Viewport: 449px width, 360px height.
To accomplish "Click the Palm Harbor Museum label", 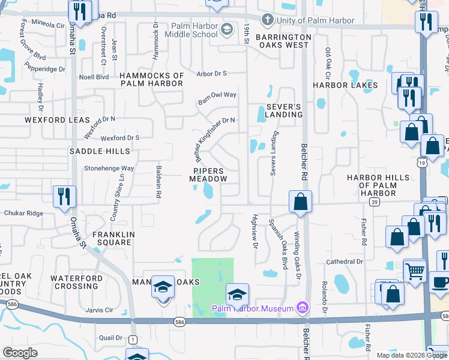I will (252, 308).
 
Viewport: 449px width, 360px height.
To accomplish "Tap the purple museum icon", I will (303, 308).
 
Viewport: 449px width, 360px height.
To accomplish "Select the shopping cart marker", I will (415, 272).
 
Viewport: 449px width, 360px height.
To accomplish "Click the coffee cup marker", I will (439, 281).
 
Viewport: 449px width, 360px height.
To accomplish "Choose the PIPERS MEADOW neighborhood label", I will (208, 175).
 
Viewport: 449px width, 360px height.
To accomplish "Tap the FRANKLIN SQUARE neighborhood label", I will (112, 238).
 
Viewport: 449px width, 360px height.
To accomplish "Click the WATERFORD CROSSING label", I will (74, 282).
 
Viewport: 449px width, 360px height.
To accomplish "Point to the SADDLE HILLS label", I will (91, 152).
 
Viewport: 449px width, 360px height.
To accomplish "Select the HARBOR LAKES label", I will (345, 85).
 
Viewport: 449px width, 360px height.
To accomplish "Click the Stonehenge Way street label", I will (109, 169).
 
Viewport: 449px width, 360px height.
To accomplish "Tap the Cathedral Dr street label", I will (345, 262).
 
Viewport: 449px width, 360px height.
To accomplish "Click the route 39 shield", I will (374, 203).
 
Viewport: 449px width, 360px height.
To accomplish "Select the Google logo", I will (20, 353).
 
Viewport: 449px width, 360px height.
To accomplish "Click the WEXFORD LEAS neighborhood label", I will (57, 120).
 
